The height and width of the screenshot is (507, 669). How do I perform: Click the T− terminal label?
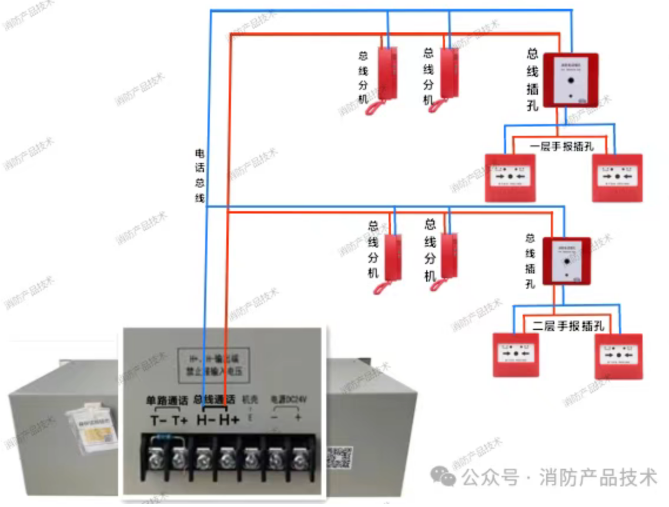tap(158, 421)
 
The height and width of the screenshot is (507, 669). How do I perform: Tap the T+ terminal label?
tap(180, 421)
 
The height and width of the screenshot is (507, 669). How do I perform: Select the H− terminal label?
tap(205, 421)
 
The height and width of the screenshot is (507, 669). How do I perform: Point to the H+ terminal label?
tap(229, 421)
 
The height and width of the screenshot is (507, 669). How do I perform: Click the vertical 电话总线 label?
tap(199, 175)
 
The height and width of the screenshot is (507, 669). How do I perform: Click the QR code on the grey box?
tap(339, 457)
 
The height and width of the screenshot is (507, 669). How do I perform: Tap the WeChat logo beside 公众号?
tap(443, 476)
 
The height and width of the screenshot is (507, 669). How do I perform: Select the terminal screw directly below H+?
tap(227, 457)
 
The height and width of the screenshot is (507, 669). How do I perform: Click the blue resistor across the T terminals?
tap(166, 438)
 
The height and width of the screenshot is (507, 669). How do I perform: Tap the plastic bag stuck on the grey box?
tap(91, 428)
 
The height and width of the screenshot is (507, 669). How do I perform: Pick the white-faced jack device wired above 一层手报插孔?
tap(570, 80)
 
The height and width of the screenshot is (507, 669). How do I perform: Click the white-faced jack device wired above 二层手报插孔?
tap(566, 261)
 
